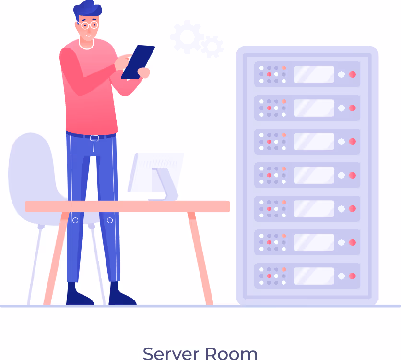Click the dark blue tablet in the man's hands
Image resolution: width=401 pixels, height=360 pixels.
click(x=138, y=62)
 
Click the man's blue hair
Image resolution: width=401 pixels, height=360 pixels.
click(x=87, y=10)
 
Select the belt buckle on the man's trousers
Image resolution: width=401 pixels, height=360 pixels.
click(x=94, y=138)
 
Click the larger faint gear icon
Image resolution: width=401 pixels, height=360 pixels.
click(x=187, y=37)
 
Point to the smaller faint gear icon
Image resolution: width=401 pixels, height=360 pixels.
click(x=212, y=47)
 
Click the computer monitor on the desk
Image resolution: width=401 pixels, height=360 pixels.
click(x=155, y=176)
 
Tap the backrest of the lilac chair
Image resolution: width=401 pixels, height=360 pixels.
click(x=33, y=174)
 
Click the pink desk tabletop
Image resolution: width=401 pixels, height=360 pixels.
click(x=128, y=206)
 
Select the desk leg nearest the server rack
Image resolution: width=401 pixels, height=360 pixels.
click(x=200, y=258)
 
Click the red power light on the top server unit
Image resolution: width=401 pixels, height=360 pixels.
click(x=353, y=74)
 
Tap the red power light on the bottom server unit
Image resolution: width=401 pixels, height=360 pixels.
click(x=353, y=276)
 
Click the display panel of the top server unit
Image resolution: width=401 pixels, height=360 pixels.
click(x=314, y=74)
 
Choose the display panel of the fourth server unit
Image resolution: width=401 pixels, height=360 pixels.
click(x=314, y=175)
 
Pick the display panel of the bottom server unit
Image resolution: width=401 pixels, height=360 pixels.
click(x=314, y=276)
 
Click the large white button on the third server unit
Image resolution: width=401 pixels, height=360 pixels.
click(x=342, y=142)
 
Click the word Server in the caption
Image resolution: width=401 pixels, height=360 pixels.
click(x=171, y=354)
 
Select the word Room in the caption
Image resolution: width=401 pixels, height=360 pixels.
click(x=231, y=354)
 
